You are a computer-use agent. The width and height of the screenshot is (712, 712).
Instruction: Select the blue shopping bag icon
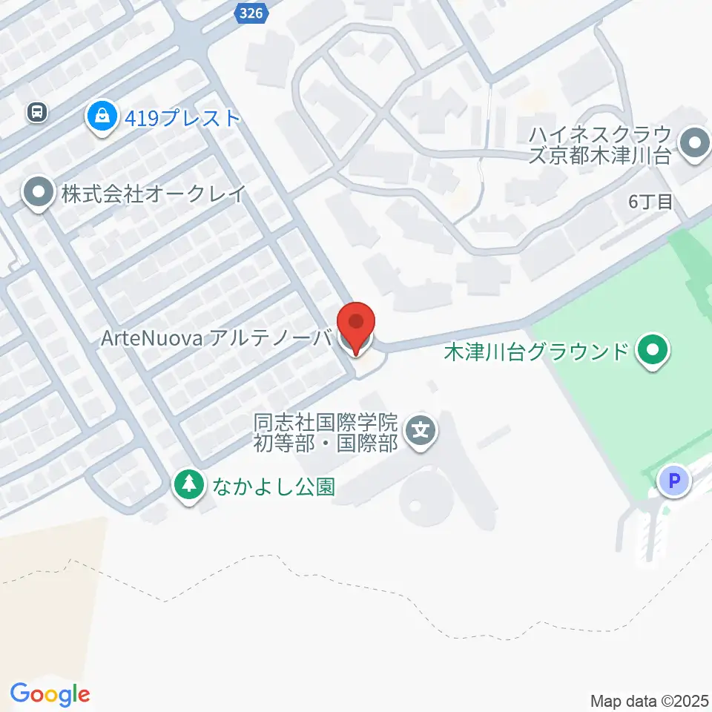coord(99,116)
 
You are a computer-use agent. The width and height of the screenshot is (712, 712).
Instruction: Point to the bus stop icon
coord(36,112)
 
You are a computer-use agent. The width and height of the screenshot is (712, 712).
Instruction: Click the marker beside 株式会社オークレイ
coord(37,194)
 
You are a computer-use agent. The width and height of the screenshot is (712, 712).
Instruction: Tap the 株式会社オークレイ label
coord(153,194)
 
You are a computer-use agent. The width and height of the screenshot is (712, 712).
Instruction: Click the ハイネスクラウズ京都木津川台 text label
coord(601,145)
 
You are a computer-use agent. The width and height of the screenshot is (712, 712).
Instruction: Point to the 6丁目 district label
coord(650,201)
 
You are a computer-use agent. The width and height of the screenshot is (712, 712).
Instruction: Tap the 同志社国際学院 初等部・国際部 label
coord(326,432)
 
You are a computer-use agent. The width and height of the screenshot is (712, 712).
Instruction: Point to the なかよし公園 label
coord(274,487)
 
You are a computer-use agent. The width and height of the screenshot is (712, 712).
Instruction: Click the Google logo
coord(50,694)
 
